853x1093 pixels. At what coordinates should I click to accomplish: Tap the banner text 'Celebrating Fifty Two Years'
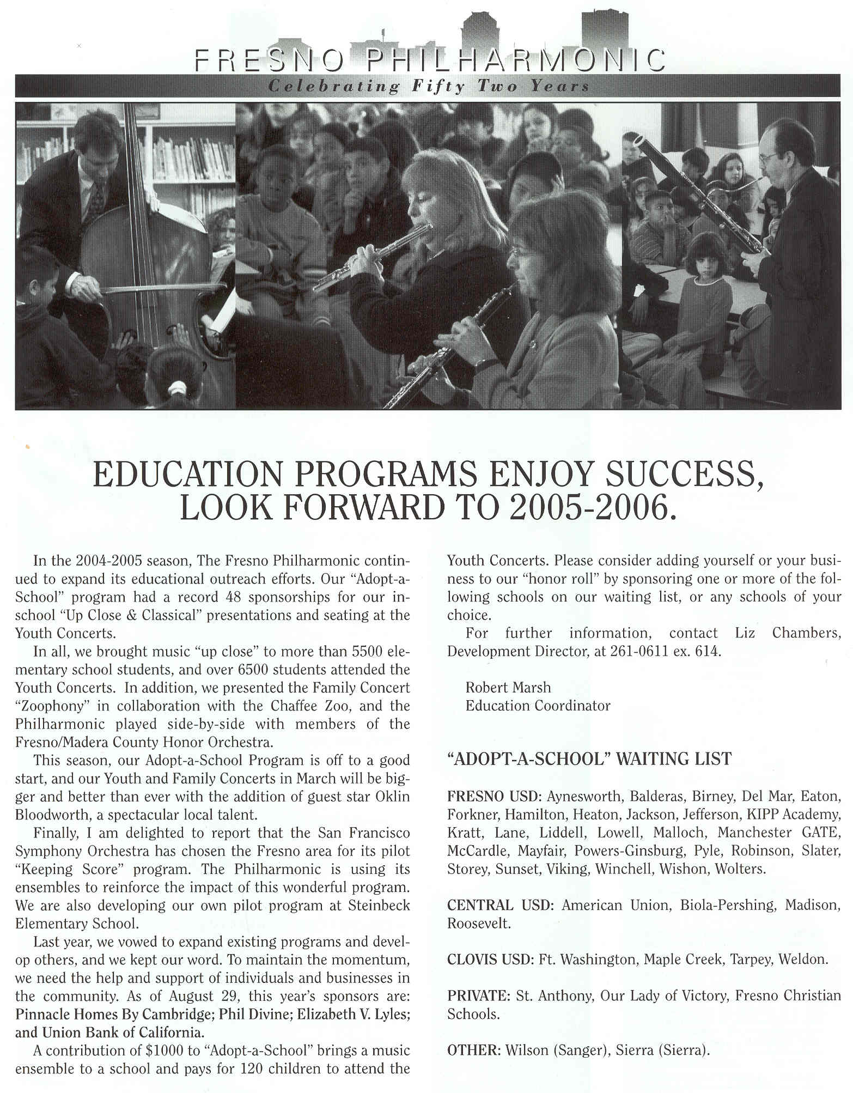tap(429, 86)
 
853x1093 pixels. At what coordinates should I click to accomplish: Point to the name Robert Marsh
tap(508, 688)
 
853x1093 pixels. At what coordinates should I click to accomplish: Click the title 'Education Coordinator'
tap(538, 706)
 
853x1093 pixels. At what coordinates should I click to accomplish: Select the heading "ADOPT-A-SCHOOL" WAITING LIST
tap(589, 758)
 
